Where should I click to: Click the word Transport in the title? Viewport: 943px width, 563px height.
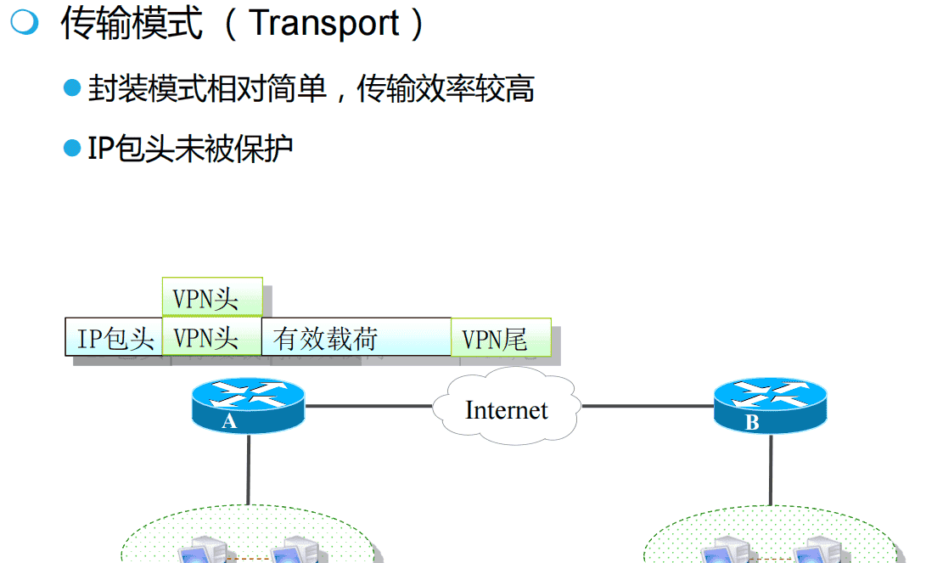325,23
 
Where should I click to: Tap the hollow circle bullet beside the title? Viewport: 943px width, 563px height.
24,23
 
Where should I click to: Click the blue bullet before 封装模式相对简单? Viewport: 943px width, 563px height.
72,87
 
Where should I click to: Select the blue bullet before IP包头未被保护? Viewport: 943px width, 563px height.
72,149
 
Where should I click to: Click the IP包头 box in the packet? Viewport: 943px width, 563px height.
115,338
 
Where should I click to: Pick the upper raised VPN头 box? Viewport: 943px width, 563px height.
212,297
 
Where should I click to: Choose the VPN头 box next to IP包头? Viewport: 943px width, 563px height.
212,338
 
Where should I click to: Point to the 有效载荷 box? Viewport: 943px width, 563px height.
356,338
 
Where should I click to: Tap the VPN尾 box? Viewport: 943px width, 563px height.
501,338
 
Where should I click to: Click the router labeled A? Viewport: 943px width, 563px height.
247,406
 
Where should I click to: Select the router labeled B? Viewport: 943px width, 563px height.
769,406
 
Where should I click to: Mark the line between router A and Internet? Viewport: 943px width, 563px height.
369,406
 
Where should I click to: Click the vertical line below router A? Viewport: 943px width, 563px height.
248,471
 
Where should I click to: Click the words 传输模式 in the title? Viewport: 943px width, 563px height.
132,23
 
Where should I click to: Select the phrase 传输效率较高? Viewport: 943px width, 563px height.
446,87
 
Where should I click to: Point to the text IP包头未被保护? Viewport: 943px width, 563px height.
191,149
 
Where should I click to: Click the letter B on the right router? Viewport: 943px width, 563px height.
752,423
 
